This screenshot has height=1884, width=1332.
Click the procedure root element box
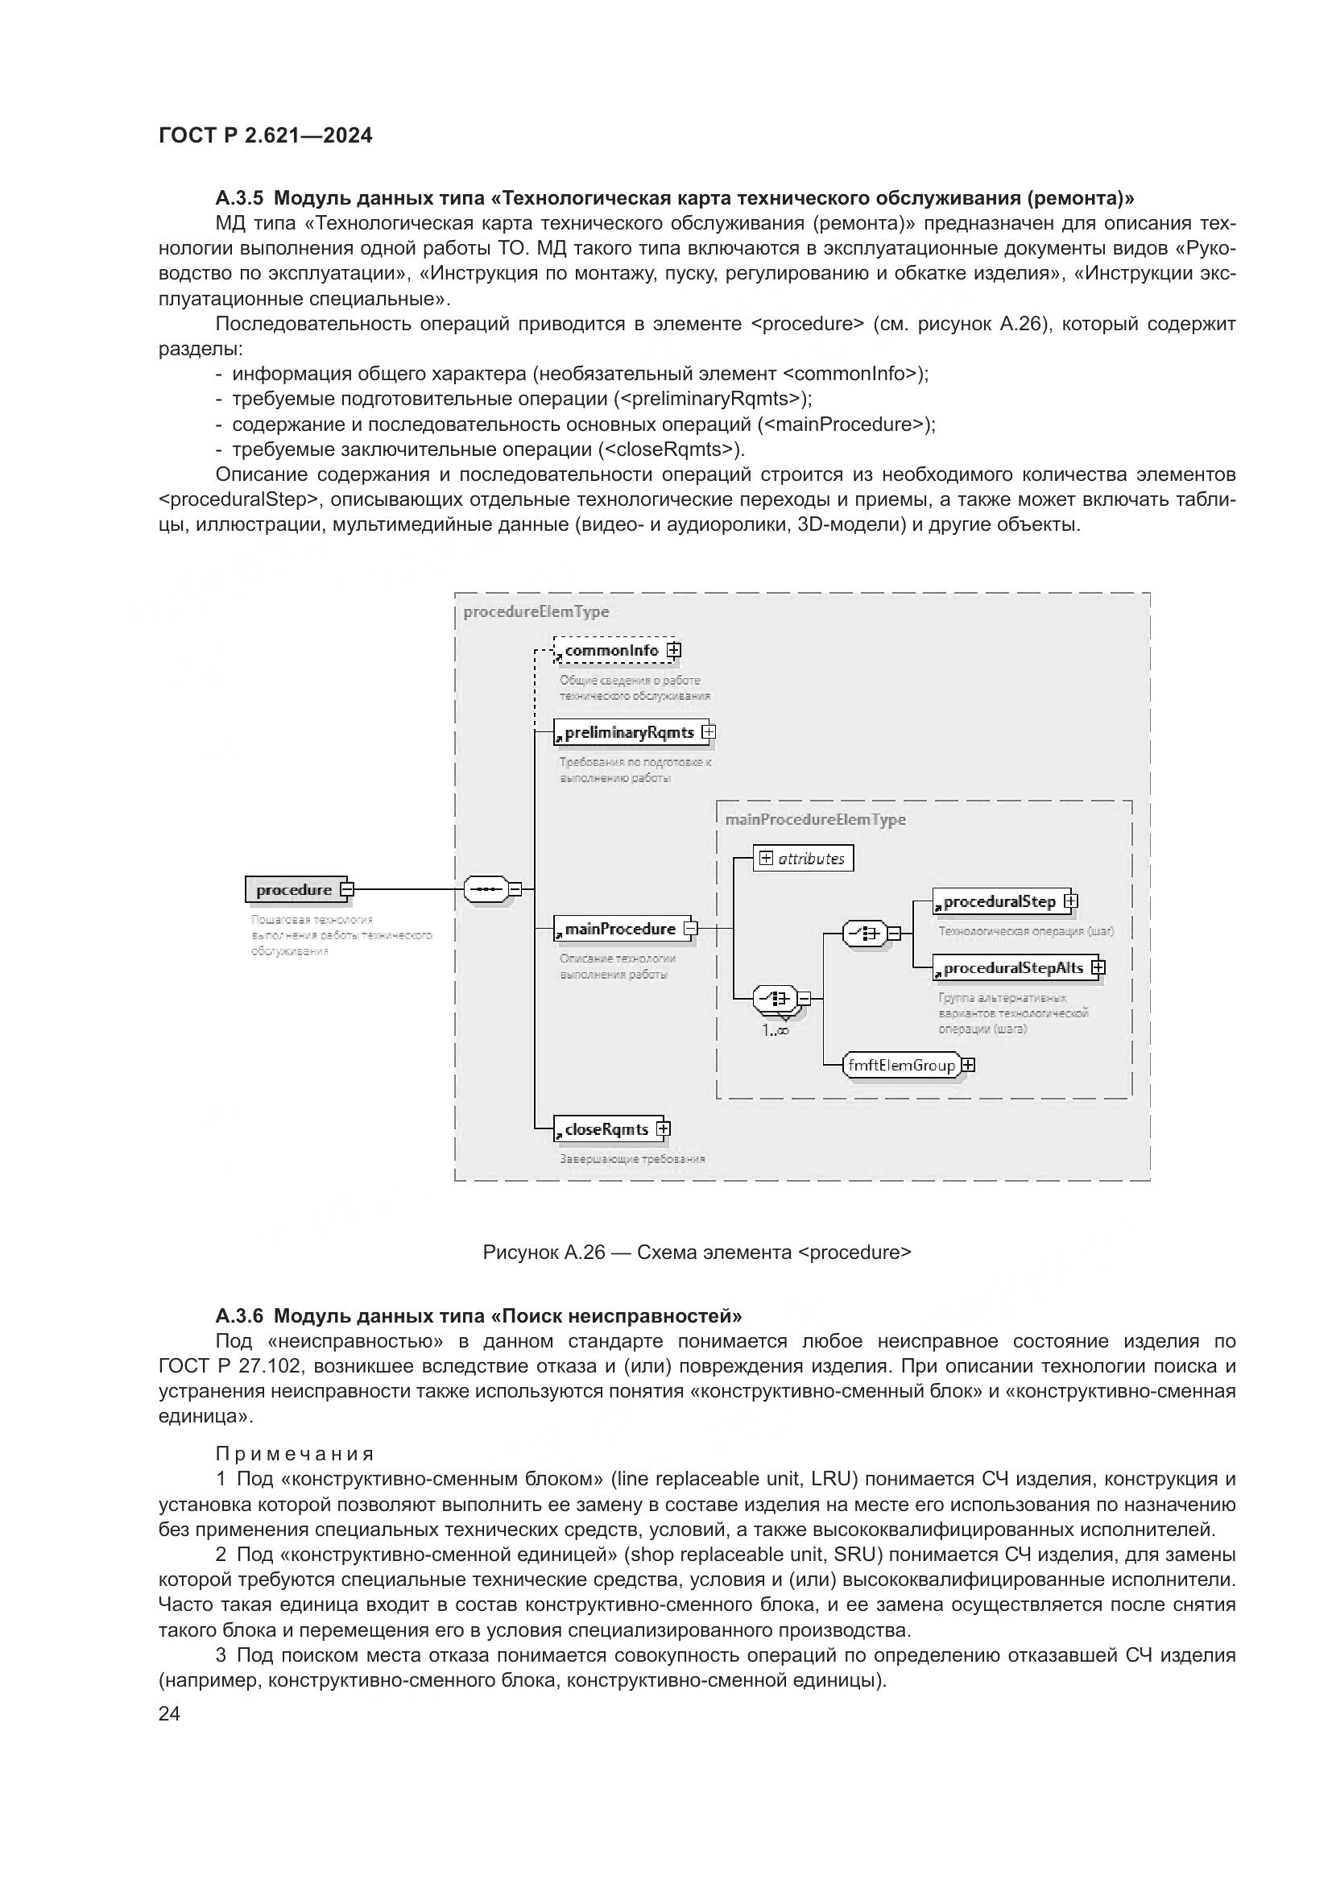[x=294, y=889]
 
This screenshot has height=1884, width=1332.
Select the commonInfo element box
[x=612, y=651]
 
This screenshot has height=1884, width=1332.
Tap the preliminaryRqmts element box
[x=629, y=732]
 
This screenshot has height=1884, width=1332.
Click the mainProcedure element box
[x=620, y=929]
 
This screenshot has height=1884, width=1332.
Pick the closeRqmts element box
[x=606, y=1129]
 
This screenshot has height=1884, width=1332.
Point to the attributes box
[x=803, y=859]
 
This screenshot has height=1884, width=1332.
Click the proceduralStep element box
[x=999, y=902]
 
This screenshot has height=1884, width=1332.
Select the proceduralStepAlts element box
[x=1013, y=968]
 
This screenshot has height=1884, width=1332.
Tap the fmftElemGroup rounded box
[x=902, y=1065]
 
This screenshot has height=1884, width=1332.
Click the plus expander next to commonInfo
[x=674, y=651]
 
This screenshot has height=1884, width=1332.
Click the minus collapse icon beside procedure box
[x=347, y=888]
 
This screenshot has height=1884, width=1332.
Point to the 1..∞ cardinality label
[x=775, y=1031]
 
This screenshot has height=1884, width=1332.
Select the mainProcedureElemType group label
[x=815, y=820]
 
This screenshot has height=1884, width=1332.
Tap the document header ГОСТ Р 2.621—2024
[x=265, y=135]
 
